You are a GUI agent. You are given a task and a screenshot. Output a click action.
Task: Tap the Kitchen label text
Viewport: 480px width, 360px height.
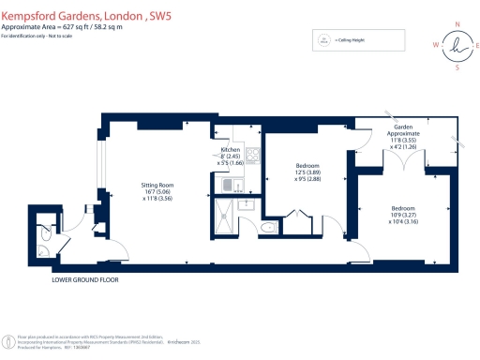click(x=231, y=150)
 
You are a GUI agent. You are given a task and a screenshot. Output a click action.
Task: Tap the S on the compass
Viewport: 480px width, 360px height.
click(x=457, y=67)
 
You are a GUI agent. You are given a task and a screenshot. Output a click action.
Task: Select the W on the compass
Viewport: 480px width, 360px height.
click(x=433, y=44)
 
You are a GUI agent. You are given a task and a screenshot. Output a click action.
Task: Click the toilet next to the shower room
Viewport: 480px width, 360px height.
click(x=267, y=226)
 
